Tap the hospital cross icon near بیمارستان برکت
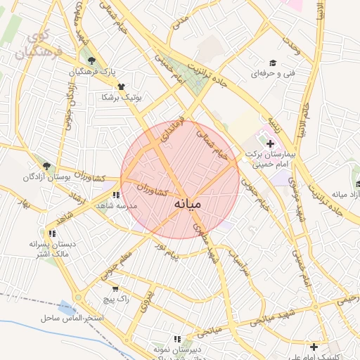click(270, 143)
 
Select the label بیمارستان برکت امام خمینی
click(268, 158)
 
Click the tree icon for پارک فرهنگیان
click(90, 60)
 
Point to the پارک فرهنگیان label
click(92, 72)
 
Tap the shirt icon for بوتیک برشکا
click(122, 86)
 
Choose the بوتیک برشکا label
click(122, 97)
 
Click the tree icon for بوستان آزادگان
click(46, 166)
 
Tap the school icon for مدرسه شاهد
click(115, 195)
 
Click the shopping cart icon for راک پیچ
click(115, 288)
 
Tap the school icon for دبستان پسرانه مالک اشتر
click(52, 233)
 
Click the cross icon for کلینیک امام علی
click(314, 346)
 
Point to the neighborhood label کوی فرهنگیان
click(40, 45)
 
